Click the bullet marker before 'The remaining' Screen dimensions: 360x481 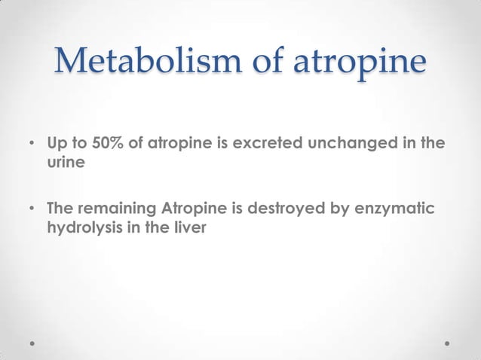(x=32, y=208)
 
